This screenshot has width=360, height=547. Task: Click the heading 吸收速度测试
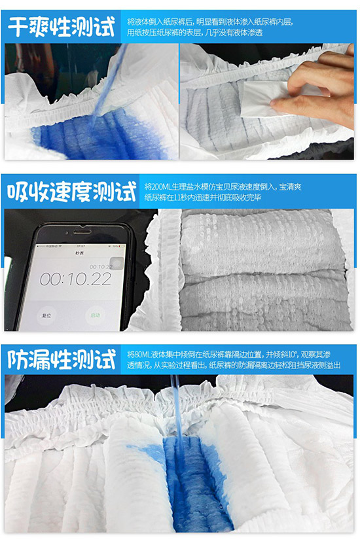[71, 191]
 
